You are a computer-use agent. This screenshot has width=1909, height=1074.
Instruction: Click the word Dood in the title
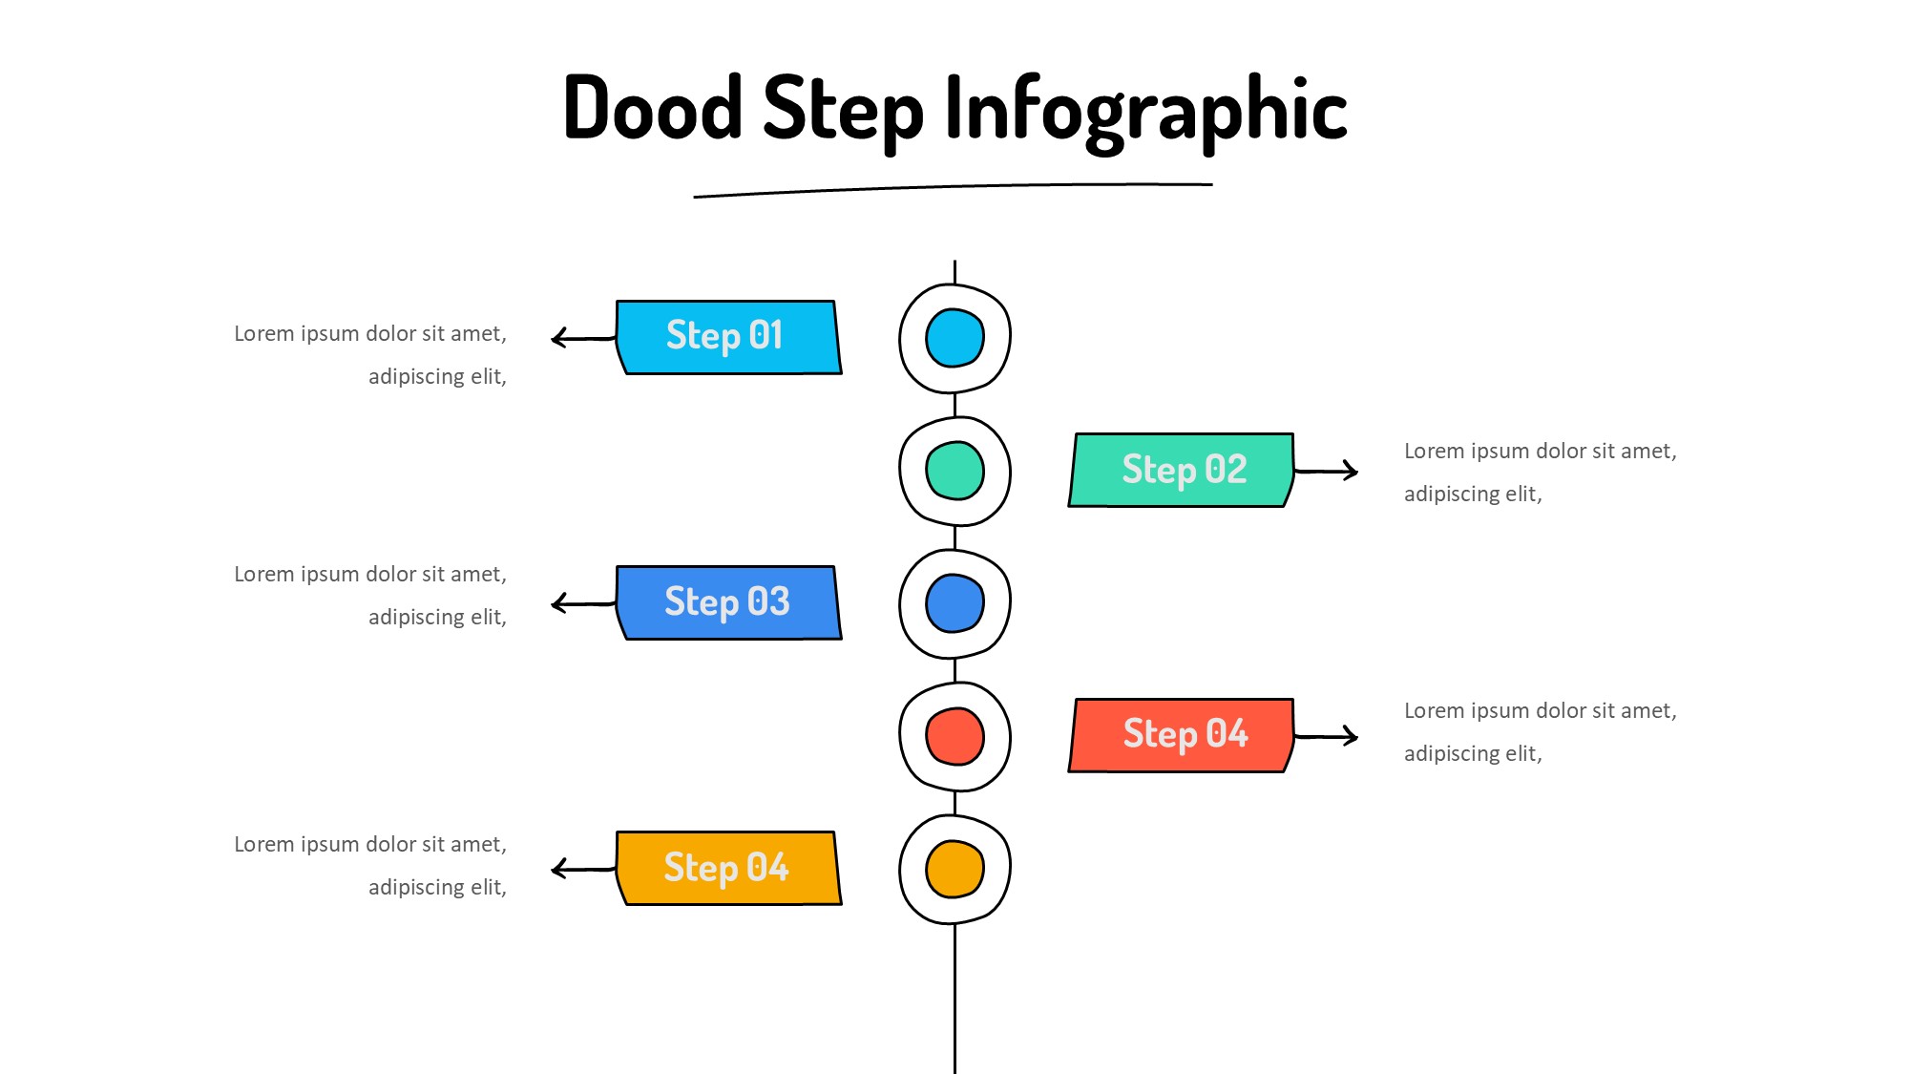point(653,108)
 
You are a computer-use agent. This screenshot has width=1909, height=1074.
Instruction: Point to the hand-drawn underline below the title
point(953,188)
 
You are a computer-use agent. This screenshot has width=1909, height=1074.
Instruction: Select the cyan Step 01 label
point(727,337)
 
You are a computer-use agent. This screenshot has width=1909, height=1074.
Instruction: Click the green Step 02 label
point(1182,470)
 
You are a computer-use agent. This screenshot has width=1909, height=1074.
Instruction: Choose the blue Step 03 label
point(727,602)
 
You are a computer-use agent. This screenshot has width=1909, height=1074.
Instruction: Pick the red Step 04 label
point(1182,735)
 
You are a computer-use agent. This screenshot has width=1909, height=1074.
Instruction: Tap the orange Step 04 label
point(727,868)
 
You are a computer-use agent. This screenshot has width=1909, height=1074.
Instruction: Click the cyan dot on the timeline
point(954,338)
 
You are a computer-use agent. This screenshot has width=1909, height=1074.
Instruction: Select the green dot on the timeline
point(954,471)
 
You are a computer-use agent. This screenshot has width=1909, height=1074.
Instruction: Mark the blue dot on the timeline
point(954,603)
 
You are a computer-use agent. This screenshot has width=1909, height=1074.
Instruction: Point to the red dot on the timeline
point(954,736)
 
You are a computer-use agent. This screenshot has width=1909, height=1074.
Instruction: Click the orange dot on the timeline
point(954,869)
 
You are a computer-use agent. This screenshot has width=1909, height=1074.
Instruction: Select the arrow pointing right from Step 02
point(1327,471)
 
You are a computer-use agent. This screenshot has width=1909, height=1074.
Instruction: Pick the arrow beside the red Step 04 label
point(1327,736)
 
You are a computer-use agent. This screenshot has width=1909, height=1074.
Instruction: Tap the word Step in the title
point(844,111)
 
